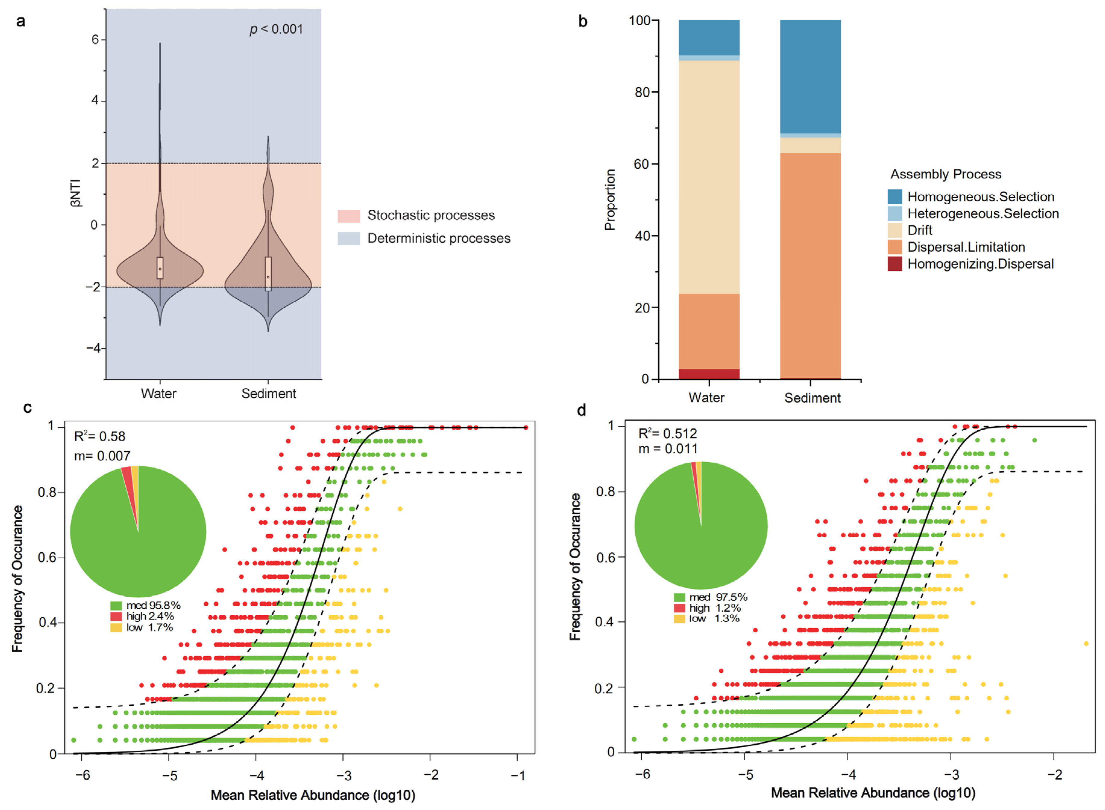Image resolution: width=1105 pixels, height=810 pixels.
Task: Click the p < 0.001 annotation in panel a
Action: pyautogui.click(x=276, y=30)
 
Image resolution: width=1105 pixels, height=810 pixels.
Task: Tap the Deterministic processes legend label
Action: pyautogui.click(x=439, y=238)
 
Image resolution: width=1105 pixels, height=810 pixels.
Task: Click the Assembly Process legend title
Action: pyautogui.click(x=946, y=174)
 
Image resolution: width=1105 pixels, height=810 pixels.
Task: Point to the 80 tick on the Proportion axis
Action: pyautogui.click(x=643, y=92)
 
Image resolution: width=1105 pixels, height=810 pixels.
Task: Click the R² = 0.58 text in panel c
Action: pyautogui.click(x=100, y=436)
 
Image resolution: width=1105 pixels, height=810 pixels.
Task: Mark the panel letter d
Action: pyautogui.click(x=582, y=410)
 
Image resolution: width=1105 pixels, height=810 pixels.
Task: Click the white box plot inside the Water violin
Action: pyautogui.click(x=160, y=268)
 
